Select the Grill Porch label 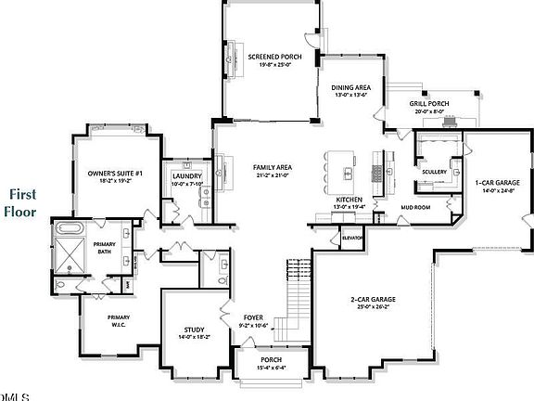(428, 104)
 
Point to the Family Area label (272, 168)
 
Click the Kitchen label (348, 200)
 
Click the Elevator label (351, 238)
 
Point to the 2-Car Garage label (373, 299)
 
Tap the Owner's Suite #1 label (115, 174)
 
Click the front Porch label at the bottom (271, 359)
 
